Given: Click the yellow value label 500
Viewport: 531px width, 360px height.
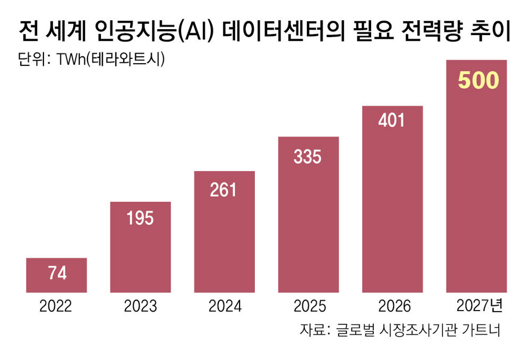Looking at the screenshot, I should pos(478,81).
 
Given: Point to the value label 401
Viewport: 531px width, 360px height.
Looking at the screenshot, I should pos(392,120).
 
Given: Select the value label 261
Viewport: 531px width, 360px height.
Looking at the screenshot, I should pos(224,190).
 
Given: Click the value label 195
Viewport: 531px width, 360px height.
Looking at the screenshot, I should pos(140,218).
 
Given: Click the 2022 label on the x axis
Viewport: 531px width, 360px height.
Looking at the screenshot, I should pos(56,306).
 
